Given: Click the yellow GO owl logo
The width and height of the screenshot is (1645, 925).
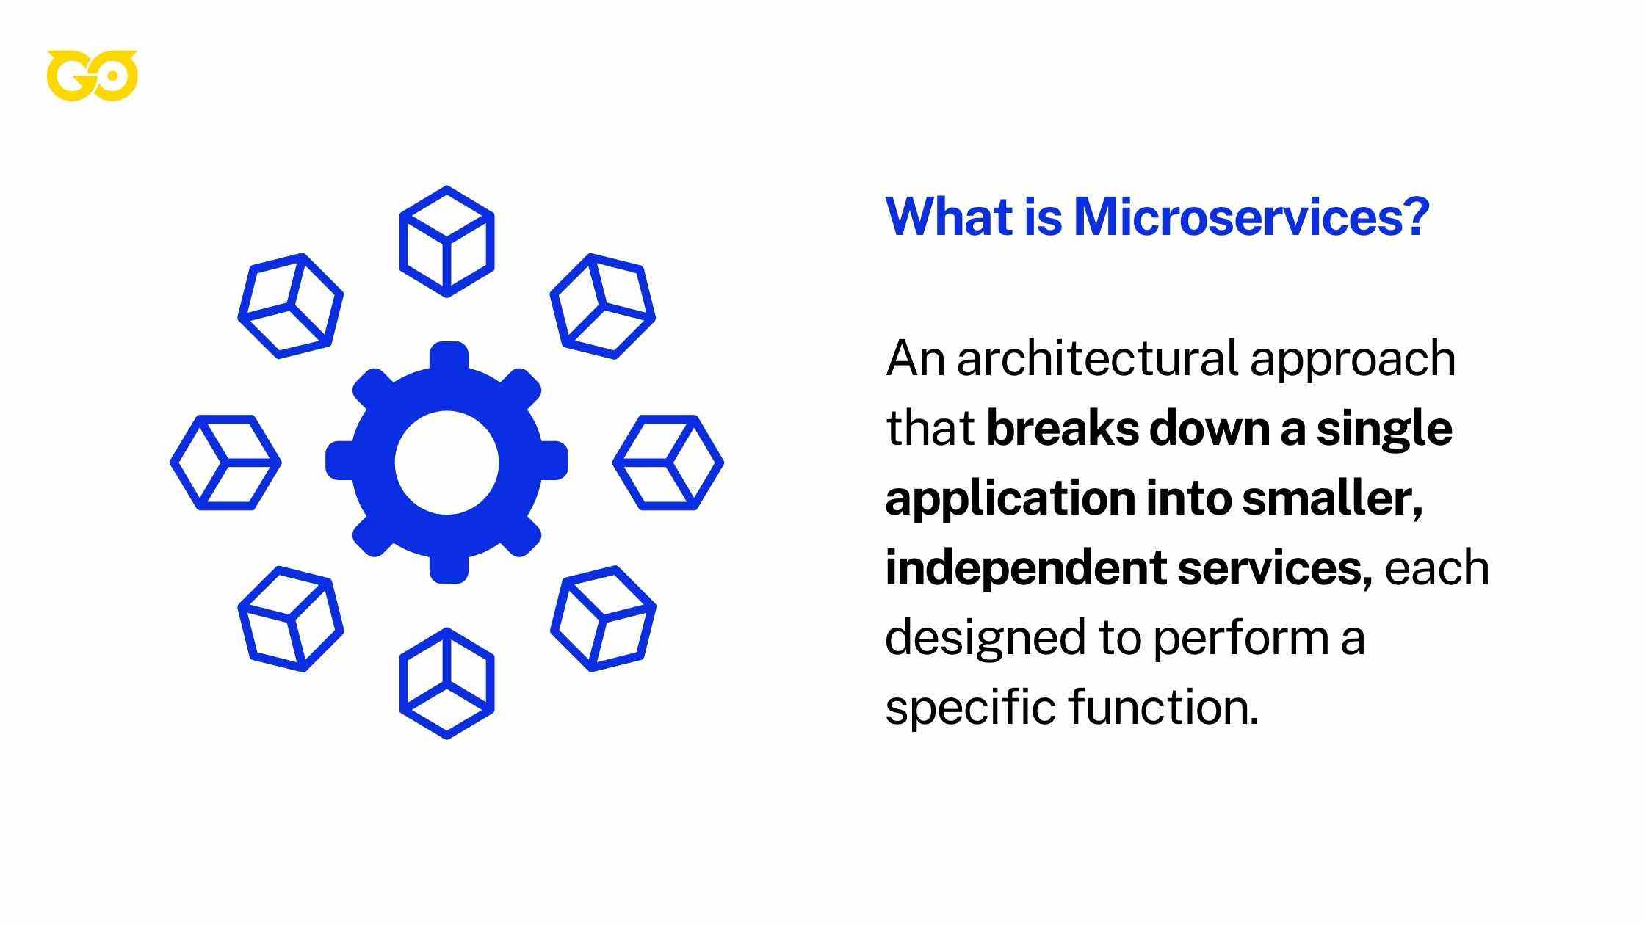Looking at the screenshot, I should tap(92, 76).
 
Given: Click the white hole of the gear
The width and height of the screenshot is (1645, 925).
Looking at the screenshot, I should tap(446, 462).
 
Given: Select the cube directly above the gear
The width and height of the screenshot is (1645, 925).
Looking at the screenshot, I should tap(446, 242).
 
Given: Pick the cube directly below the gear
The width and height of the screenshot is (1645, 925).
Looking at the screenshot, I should tap(446, 683).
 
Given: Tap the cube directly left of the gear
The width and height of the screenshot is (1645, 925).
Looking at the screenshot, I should tap(225, 462).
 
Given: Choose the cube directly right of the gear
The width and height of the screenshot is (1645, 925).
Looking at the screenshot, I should tap(668, 462).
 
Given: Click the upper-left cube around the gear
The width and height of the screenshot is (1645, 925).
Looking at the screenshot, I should tap(291, 306).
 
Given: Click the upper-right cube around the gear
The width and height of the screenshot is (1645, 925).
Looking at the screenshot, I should tap(603, 306).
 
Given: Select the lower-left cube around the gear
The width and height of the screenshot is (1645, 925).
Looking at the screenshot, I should tap(291, 619).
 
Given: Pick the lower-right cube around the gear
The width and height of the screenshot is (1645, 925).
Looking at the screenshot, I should tap(603, 619).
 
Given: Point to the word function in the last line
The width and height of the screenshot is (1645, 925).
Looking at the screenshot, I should tap(1163, 707).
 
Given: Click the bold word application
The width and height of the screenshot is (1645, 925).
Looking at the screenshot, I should tap(1009, 499).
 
